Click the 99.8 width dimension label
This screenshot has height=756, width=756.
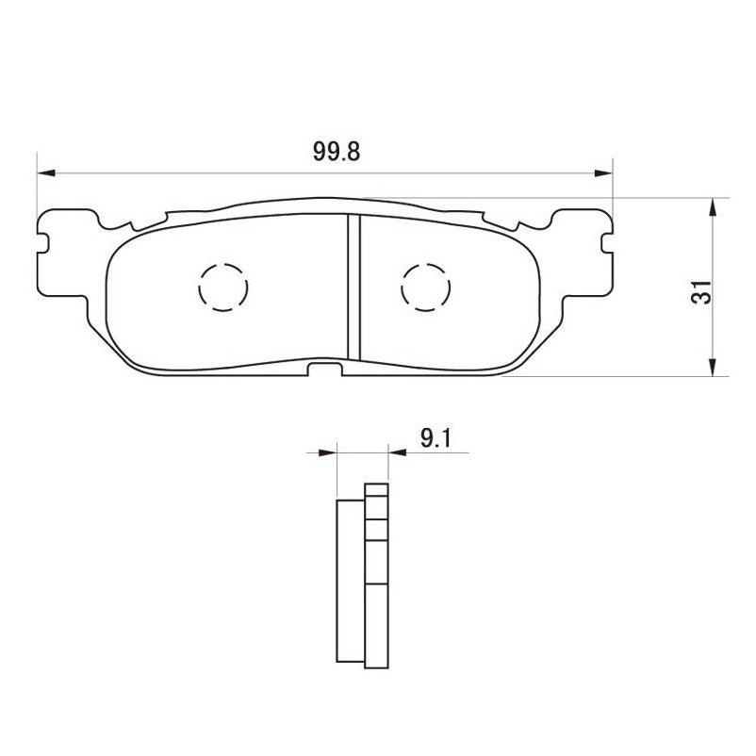pyautogui.click(x=323, y=152)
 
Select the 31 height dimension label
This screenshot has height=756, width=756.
pyautogui.click(x=700, y=292)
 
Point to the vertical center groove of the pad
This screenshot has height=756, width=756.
pyautogui.click(x=353, y=288)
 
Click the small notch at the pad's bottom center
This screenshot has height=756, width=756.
pyautogui.click(x=325, y=369)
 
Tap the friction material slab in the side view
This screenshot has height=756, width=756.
pyautogui.click(x=350, y=581)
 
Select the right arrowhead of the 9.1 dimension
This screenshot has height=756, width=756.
pyautogui.click(x=394, y=452)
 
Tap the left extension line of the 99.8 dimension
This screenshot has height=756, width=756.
pyautogui.click(x=37, y=189)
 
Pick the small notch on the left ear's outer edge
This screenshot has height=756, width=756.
pyautogui.click(x=42, y=239)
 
